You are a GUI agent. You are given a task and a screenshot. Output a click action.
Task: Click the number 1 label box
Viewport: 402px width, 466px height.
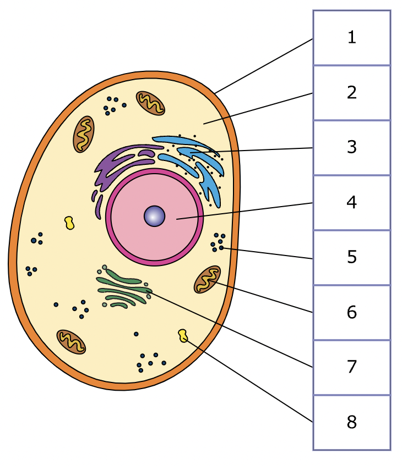tap(351, 37)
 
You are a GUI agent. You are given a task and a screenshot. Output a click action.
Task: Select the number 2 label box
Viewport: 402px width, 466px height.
tap(351, 92)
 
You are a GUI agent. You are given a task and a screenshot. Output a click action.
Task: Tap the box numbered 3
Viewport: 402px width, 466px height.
tap(351, 147)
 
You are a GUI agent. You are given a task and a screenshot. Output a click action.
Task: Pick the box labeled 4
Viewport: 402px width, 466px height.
tap(351, 202)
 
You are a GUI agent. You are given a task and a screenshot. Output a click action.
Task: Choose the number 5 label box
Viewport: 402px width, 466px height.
tap(351, 257)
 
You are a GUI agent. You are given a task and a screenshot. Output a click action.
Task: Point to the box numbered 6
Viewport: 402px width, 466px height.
tap(351, 312)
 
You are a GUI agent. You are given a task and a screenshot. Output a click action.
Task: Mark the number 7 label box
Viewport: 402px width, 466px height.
tap(351, 367)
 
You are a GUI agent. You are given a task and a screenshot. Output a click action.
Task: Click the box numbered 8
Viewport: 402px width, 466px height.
tap(351, 422)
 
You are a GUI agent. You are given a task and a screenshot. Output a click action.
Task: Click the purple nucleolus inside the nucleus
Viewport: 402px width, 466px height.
tap(154, 216)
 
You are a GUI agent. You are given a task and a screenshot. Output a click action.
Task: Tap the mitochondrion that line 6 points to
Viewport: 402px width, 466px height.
tap(207, 279)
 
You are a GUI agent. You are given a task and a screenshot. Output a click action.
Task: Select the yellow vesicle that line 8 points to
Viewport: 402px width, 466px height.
tap(183, 335)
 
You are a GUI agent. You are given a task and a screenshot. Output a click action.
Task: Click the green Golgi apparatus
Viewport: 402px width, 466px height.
tap(124, 287)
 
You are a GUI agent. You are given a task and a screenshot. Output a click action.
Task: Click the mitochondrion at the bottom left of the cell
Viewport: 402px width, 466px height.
tap(71, 342)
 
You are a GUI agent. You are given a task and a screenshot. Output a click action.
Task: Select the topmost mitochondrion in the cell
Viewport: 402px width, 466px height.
tap(150, 103)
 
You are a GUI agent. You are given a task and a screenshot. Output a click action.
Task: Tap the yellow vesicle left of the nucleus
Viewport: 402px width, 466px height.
tap(69, 223)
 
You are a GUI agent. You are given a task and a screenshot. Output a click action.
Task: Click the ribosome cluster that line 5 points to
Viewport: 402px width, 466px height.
tap(218, 242)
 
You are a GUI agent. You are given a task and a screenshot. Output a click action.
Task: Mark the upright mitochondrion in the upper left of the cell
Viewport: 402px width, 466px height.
tap(83, 134)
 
